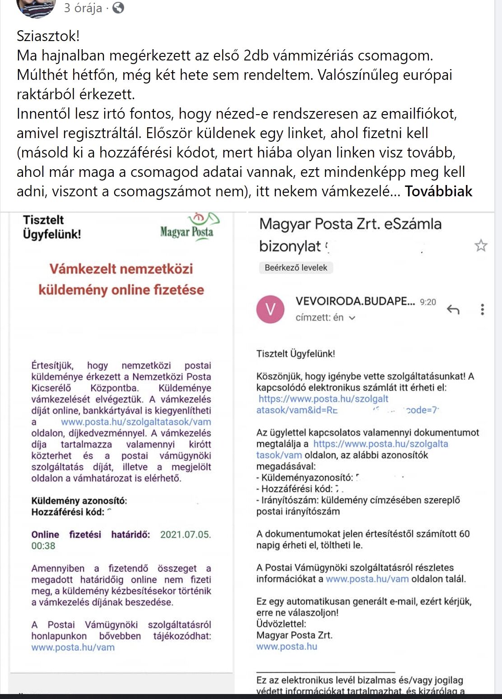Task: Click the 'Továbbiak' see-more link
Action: [x=438, y=191]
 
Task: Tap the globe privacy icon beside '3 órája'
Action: [x=118, y=8]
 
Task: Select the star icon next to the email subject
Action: [x=481, y=245]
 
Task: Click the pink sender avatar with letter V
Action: [x=270, y=310]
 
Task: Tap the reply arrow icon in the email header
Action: [x=453, y=310]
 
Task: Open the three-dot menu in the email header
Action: [x=482, y=310]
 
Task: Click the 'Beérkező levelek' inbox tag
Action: [x=296, y=268]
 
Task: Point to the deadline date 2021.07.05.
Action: [x=185, y=535]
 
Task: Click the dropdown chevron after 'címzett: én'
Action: [x=352, y=318]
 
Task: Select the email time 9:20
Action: [x=428, y=302]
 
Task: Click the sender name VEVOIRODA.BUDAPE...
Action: [x=355, y=301]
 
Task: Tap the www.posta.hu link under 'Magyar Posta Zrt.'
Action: [x=287, y=646]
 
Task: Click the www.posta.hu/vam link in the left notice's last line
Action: [x=73, y=647]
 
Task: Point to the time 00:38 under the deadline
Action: [x=43, y=546]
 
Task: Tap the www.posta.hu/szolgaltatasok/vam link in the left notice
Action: [x=136, y=422]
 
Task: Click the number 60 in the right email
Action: [x=464, y=534]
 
